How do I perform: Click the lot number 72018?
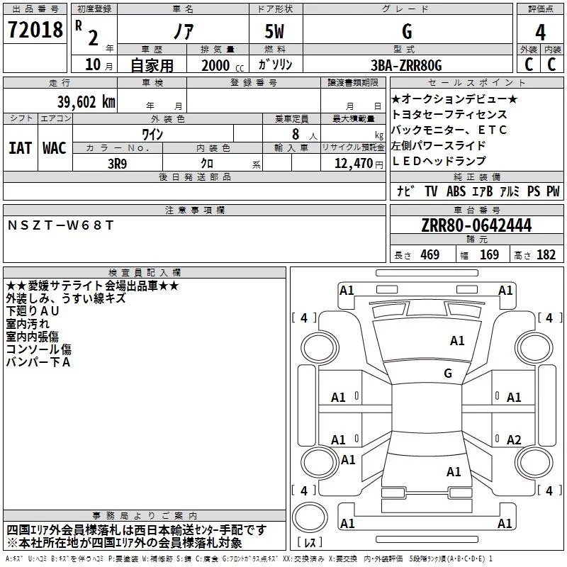(x=35, y=30)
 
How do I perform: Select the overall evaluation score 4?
(x=540, y=33)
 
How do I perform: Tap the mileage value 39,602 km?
(x=86, y=102)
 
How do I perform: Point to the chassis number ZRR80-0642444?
(x=476, y=225)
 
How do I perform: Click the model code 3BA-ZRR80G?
(x=406, y=65)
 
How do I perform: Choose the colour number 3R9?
(x=118, y=164)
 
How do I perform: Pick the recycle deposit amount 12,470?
(x=354, y=164)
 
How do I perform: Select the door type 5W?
(x=274, y=31)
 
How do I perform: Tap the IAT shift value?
(x=20, y=148)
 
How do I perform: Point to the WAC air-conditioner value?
(x=55, y=148)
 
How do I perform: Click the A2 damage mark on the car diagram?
(x=514, y=439)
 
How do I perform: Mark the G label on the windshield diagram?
(x=448, y=373)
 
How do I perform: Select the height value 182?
(x=546, y=254)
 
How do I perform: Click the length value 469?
(x=430, y=254)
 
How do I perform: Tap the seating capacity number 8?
(x=296, y=134)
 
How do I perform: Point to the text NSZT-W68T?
(x=60, y=225)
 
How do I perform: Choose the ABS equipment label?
(x=456, y=191)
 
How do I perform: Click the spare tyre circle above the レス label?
(x=310, y=517)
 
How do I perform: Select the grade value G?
(x=407, y=31)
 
